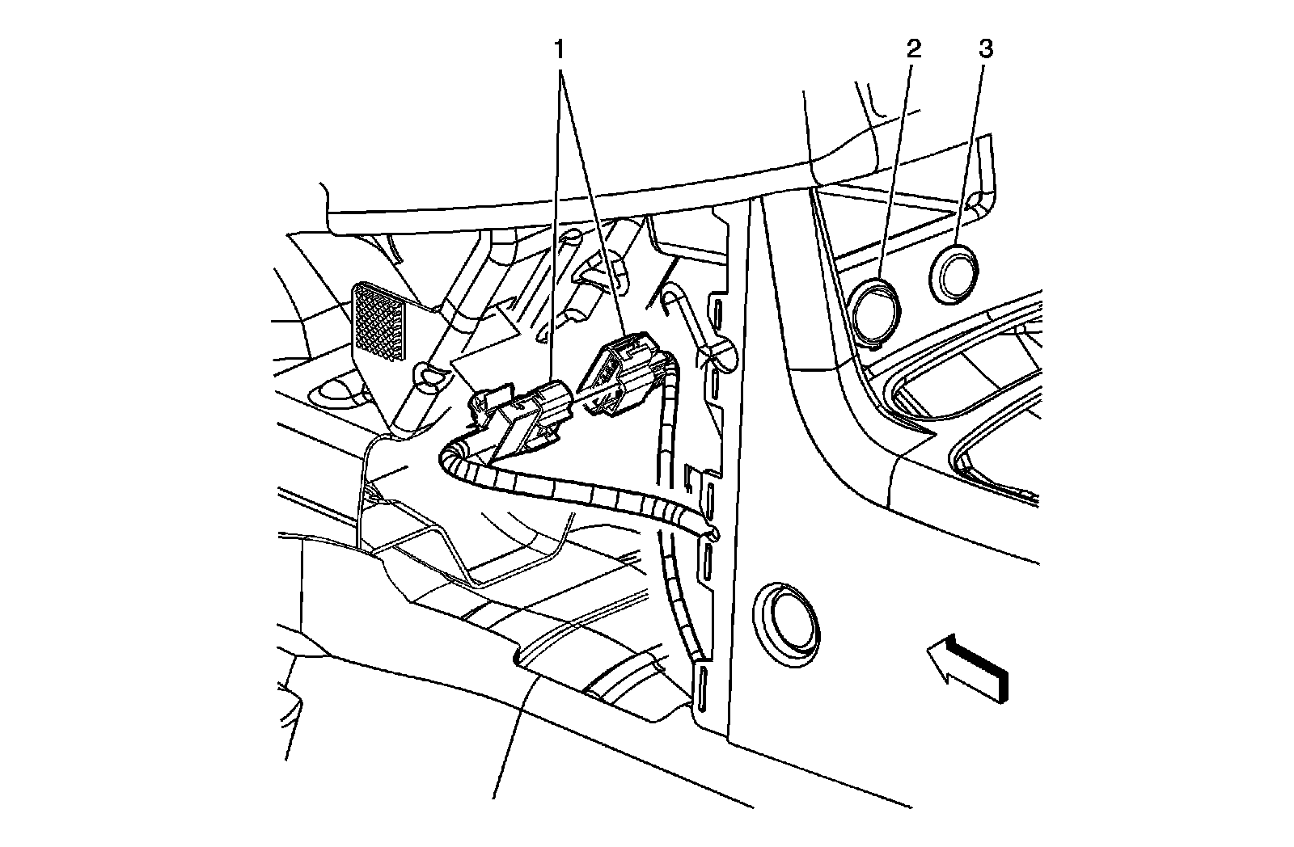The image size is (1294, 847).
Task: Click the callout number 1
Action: tap(559, 49)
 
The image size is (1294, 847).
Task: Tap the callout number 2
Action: tap(913, 49)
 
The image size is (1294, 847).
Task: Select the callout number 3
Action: tap(986, 49)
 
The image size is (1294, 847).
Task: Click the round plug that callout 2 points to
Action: tap(876, 314)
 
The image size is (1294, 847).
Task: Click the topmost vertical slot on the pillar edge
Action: tap(717, 317)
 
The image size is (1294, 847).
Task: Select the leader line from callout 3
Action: tap(970, 153)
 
